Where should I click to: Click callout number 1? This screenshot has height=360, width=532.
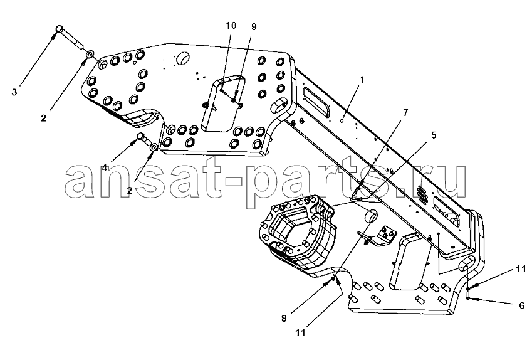[362, 80]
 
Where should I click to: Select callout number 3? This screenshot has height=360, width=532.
[14, 92]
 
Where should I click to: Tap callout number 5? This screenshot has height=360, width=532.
[433, 135]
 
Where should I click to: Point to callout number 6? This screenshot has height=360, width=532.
[522, 305]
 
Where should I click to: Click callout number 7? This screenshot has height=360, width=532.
[406, 112]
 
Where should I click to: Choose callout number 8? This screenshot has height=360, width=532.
[284, 318]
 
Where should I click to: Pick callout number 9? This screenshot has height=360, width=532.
[254, 27]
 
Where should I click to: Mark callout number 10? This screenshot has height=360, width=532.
[231, 26]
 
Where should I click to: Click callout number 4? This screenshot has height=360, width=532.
[105, 168]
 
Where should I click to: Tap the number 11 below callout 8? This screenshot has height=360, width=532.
[300, 332]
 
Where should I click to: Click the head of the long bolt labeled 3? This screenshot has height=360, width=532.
[60, 29]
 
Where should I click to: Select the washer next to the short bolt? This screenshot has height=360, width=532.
[154, 147]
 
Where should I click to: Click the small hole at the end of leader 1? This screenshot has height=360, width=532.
[342, 120]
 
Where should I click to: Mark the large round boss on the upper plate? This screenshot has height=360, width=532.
[182, 59]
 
